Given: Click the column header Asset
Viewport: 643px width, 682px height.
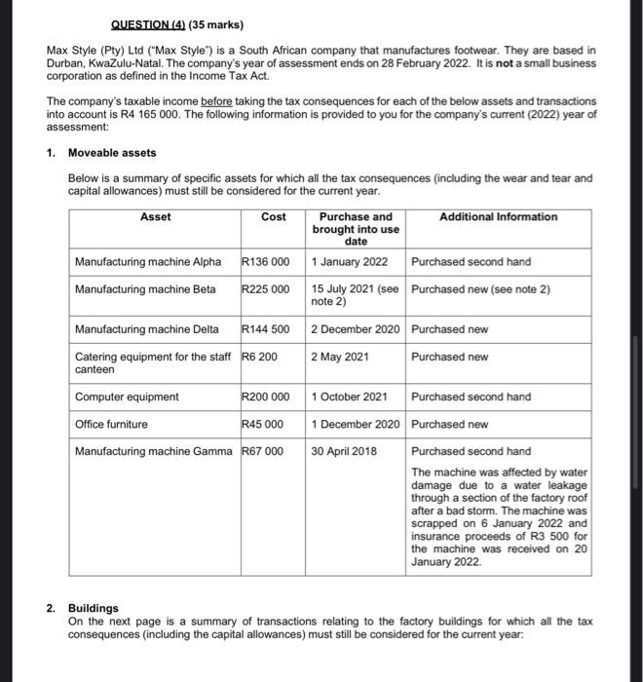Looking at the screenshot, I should (155, 216).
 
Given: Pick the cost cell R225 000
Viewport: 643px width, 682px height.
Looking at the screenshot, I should (266, 289).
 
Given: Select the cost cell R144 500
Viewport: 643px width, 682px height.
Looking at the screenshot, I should (266, 329).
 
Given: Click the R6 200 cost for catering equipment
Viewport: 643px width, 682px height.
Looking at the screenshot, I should (259, 357).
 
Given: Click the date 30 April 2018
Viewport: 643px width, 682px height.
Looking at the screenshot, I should (344, 451).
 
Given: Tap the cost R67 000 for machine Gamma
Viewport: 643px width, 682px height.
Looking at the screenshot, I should (263, 451).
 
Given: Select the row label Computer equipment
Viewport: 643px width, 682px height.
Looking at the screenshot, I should (127, 397).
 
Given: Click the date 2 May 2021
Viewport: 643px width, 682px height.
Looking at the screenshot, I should (340, 357).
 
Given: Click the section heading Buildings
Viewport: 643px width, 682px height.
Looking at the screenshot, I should (94, 607).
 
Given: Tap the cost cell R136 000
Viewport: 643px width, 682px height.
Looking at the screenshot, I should (266, 262).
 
